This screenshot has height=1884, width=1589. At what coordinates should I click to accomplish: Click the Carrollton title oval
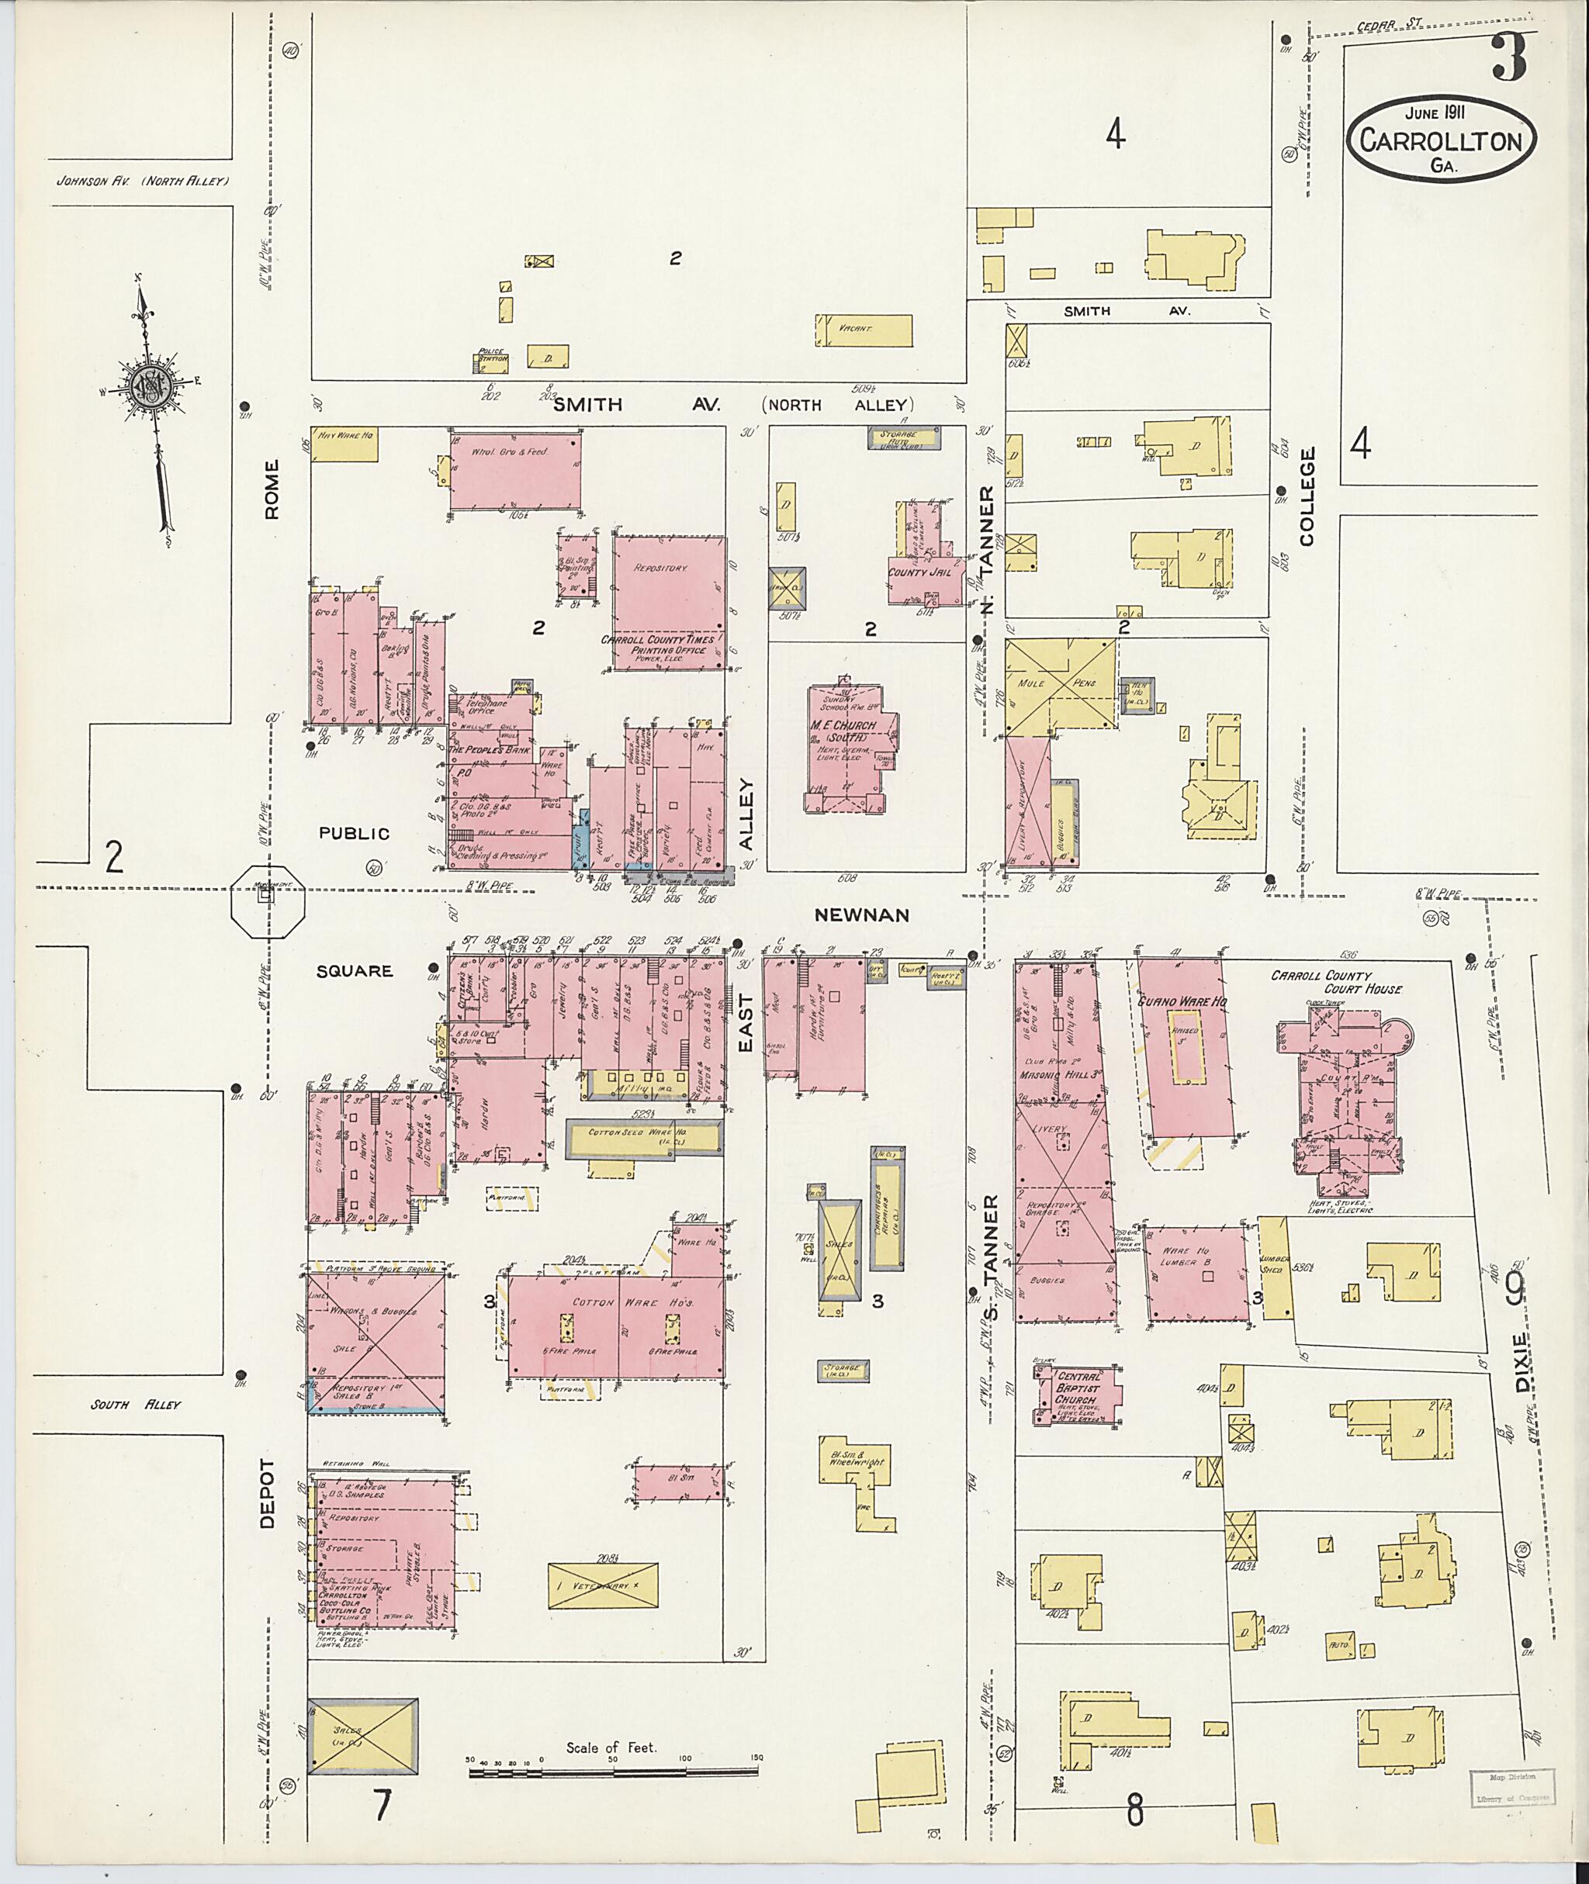[1442, 139]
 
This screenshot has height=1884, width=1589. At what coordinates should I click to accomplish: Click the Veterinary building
[603, 1585]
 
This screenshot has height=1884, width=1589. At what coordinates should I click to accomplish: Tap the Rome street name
[272, 489]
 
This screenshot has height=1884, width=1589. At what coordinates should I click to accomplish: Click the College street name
[1307, 496]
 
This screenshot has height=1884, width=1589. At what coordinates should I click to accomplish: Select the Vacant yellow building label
[855, 330]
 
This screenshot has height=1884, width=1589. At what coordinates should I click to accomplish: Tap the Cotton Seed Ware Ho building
[644, 1139]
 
